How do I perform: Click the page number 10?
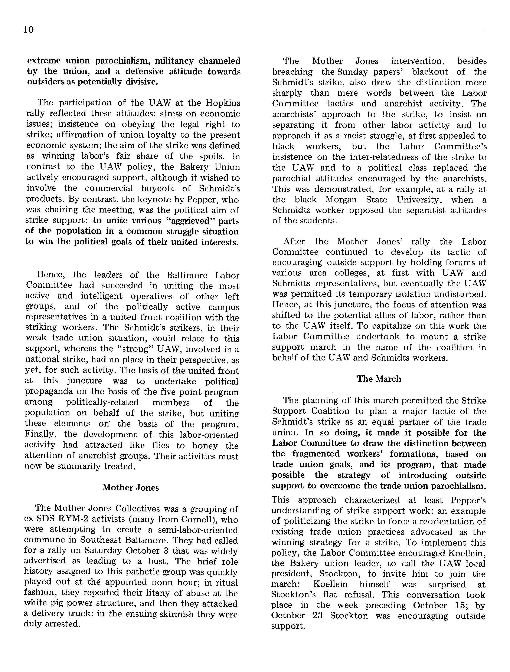click(28, 30)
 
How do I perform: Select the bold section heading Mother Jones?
click(131, 487)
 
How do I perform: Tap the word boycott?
click(158, 188)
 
